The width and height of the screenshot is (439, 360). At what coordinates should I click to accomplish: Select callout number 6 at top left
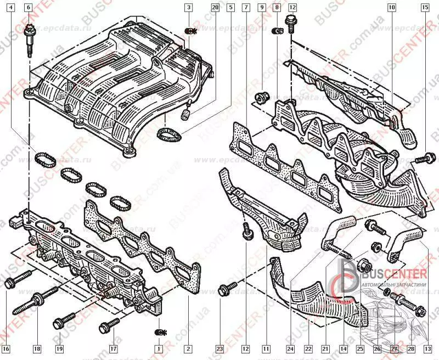point(29,8)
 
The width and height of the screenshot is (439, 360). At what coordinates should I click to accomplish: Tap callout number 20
point(215,8)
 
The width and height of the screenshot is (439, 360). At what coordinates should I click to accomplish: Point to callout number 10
point(391,8)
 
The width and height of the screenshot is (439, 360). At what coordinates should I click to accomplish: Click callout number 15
point(425,8)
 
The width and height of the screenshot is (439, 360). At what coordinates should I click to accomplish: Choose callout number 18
point(37,348)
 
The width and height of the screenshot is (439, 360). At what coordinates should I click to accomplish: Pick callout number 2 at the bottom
point(188,348)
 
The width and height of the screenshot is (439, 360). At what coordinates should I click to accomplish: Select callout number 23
point(219,348)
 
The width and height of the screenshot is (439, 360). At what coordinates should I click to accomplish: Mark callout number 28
point(410,348)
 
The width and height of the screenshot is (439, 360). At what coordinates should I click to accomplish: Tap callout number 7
point(245,8)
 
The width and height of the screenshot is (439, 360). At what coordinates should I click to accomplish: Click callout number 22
point(308,348)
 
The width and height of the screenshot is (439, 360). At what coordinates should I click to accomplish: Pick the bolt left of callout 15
point(420,159)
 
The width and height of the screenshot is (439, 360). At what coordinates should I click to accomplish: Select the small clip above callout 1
point(160,333)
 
